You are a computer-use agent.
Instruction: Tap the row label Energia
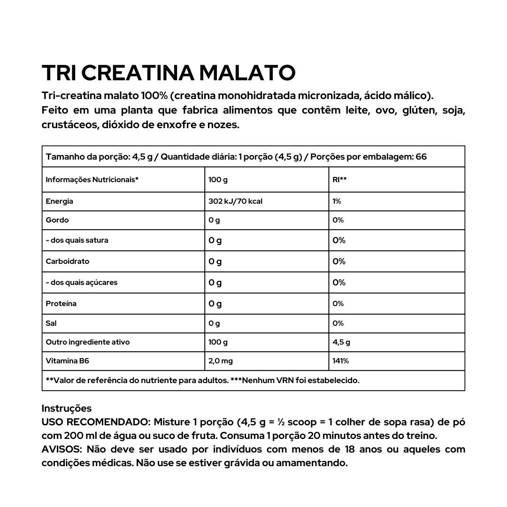[x=60, y=201]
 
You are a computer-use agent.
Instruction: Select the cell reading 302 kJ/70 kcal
[x=235, y=201]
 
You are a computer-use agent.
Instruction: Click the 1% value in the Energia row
[x=337, y=201]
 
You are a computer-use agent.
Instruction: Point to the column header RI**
[x=339, y=180]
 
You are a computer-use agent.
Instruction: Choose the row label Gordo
[x=57, y=220]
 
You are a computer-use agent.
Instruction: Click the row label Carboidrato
[x=68, y=261]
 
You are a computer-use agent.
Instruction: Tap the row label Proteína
[x=61, y=303]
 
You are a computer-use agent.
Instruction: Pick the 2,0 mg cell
[x=221, y=361]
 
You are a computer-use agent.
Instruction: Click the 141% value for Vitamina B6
[x=341, y=361]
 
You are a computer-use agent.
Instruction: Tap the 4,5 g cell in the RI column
[x=341, y=342]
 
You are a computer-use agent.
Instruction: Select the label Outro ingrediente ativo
[x=88, y=342]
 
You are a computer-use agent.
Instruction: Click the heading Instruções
[x=67, y=408]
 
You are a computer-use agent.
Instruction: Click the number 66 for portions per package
[x=421, y=157]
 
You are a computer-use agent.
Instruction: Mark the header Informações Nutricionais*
[x=92, y=180]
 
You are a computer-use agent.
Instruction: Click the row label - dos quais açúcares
[x=82, y=283]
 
